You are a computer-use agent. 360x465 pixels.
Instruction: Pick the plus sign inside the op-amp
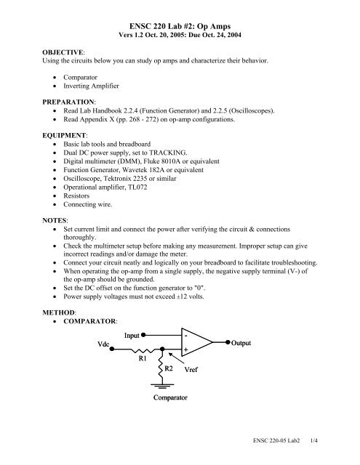186,350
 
